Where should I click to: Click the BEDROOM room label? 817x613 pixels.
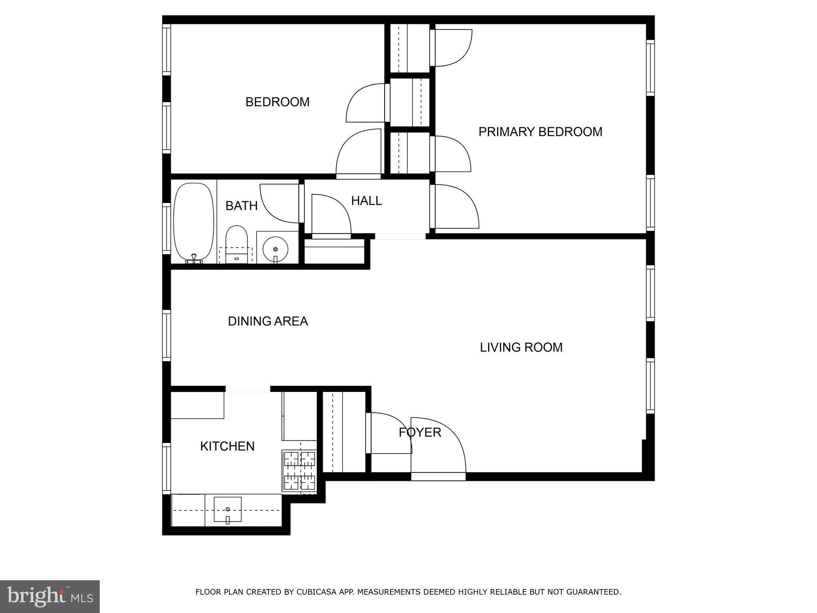(x=277, y=102)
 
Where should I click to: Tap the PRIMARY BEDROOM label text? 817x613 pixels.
(x=540, y=132)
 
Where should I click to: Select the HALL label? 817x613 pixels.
(x=366, y=201)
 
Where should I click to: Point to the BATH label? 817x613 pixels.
(x=241, y=206)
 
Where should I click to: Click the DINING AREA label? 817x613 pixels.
(x=268, y=321)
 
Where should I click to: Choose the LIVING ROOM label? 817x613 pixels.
(x=521, y=348)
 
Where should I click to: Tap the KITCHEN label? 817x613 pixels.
(x=227, y=446)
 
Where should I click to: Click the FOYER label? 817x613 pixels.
(x=420, y=433)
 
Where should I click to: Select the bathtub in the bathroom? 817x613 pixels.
(x=193, y=222)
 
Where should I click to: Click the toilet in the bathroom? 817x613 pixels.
(x=237, y=243)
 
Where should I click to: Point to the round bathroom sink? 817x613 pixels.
(x=275, y=249)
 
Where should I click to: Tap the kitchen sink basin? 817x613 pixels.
(x=227, y=509)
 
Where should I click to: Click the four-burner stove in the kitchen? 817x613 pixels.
(x=299, y=471)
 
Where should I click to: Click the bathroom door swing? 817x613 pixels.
(x=279, y=203)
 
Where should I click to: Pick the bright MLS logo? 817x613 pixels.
(x=50, y=597)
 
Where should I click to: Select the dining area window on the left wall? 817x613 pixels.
(x=166, y=336)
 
